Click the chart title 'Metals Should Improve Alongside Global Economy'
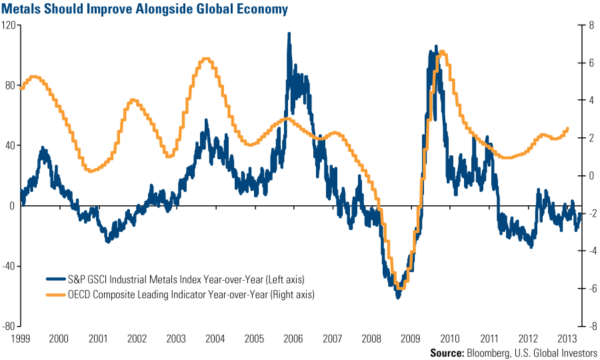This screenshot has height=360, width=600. pos(145,9)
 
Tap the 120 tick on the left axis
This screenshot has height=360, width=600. pos(9,25)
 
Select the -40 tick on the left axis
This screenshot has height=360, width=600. pos(9,266)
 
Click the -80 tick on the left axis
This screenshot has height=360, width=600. pos(9,326)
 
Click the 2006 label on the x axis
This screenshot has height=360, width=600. pos(291,338)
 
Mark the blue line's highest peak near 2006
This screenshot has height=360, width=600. pos(289,33)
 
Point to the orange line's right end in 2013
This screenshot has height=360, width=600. pos(568,129)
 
